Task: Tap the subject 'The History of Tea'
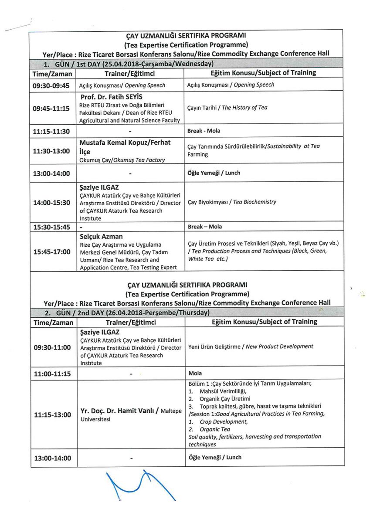[227, 108]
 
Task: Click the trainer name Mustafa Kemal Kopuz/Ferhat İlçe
[125, 147]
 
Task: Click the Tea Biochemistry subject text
[232, 202]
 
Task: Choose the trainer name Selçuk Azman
[101, 237]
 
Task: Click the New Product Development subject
[251, 346]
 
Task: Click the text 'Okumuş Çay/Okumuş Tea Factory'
[122, 160]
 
